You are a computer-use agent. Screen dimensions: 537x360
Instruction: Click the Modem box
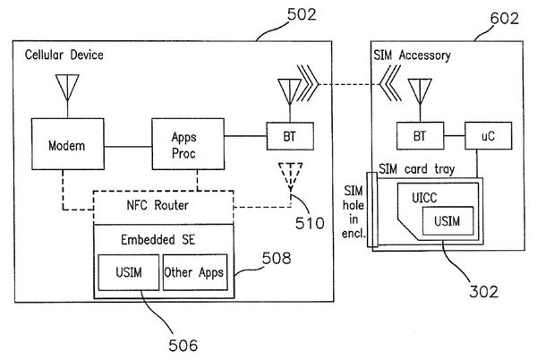(68, 144)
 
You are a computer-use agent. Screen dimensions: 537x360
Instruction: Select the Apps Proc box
(188, 144)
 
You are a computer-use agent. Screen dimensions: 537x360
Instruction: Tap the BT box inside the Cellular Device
(290, 136)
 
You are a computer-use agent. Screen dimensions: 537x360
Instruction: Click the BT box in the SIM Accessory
(421, 135)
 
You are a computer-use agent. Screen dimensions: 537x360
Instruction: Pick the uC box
(489, 135)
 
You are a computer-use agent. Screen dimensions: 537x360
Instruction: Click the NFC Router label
(158, 205)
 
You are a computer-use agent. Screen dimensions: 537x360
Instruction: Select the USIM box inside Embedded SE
(129, 272)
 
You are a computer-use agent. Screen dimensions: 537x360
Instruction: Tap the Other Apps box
(195, 272)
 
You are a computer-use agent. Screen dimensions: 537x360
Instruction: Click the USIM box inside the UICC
(447, 221)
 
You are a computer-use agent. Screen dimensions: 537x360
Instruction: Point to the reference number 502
(302, 14)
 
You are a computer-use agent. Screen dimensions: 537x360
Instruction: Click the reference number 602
(505, 19)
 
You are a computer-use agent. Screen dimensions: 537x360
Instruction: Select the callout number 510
(310, 223)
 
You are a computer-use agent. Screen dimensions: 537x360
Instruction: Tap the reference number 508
(277, 258)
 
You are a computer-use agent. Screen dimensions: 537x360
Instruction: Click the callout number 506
(183, 346)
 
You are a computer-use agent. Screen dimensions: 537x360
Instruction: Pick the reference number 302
(484, 292)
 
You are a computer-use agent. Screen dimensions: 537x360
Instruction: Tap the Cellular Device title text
(64, 55)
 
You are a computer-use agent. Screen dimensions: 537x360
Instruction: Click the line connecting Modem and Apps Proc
(128, 147)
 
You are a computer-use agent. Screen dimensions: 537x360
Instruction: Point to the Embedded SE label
(158, 239)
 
